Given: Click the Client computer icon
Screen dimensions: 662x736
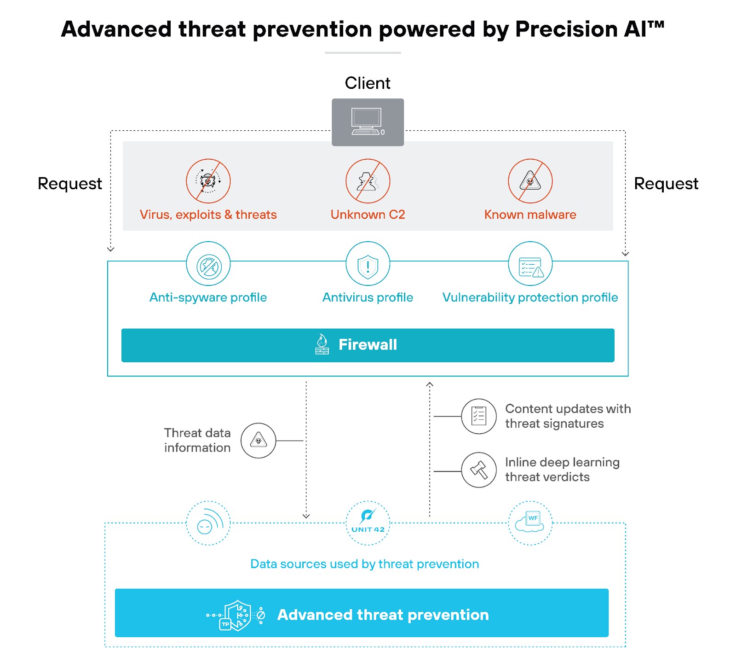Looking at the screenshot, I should (367, 122).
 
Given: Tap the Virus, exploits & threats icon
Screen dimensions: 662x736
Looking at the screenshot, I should (208, 181).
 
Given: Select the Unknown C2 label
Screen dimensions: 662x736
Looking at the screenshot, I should (368, 215).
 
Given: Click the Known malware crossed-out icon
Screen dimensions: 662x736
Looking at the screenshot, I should (530, 181).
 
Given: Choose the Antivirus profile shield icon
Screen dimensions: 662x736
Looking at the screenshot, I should (368, 266).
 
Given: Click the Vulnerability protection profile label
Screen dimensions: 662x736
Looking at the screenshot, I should (530, 297).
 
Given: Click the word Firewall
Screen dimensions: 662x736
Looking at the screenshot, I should (368, 344).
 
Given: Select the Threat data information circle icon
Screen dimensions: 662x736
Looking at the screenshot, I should (259, 441).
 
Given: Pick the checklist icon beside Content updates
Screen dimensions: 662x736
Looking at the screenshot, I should (479, 416).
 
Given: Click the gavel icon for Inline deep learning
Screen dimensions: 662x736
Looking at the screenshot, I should (479, 470).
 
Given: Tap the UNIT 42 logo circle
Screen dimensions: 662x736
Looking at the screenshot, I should (368, 523).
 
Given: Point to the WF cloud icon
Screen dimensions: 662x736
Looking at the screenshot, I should (530, 523).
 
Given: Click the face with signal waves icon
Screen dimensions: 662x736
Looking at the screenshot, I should (208, 523).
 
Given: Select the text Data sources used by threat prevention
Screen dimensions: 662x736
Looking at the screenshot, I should (364, 564).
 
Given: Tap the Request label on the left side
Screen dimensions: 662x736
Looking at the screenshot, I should (70, 184).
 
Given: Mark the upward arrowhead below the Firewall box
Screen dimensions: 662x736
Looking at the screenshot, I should (430, 384).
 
